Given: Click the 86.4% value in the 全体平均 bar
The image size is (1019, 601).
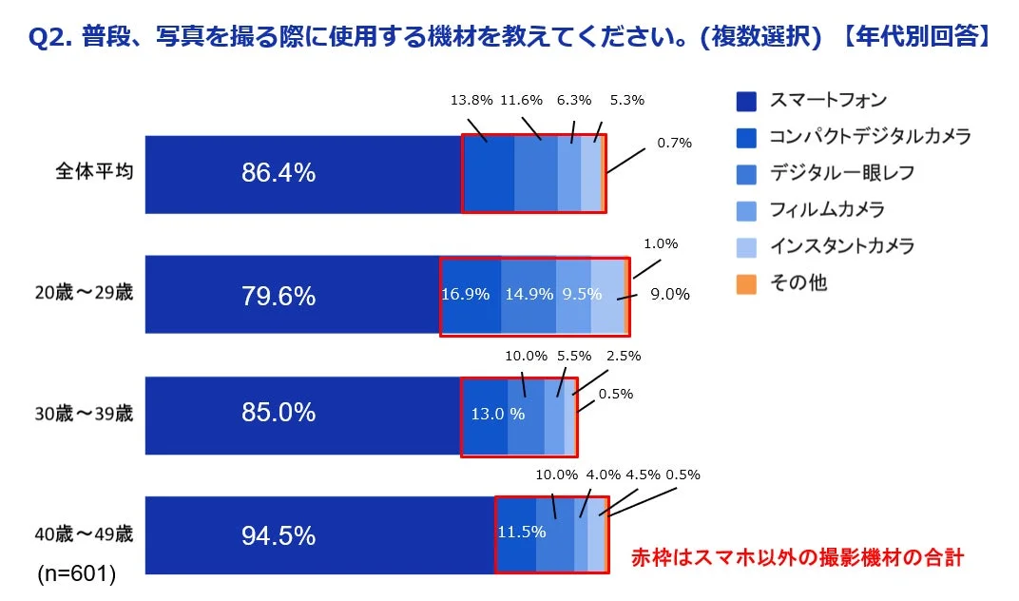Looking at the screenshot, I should click(279, 173).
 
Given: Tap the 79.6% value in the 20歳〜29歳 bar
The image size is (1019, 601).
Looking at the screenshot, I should click(279, 296).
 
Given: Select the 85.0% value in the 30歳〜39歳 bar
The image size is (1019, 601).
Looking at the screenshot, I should click(279, 414).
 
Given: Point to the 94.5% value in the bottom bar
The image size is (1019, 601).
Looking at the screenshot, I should click(279, 535).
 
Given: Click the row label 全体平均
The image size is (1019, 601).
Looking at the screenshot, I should click(93, 174).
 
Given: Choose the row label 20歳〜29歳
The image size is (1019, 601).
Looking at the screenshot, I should click(84, 293).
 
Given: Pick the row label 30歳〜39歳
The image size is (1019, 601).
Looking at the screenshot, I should click(84, 414).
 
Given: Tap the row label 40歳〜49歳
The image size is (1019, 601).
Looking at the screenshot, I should click(84, 533).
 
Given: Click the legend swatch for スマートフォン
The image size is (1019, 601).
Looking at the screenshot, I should click(746, 101).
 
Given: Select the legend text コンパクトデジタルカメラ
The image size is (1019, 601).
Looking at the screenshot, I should click(870, 137).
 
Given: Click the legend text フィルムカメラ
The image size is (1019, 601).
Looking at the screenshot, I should click(826, 209).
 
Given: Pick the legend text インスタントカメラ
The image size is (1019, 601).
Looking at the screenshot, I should click(841, 246).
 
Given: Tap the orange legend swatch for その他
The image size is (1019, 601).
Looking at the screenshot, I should click(746, 283).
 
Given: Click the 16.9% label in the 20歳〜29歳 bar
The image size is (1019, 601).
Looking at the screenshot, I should click(466, 294).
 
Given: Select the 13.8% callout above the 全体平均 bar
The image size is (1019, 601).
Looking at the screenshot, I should click(471, 99).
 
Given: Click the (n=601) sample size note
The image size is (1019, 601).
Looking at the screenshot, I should click(77, 573).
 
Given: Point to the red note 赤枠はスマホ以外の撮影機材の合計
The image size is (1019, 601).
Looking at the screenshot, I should click(798, 558).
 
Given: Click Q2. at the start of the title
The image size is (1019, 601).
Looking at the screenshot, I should click(53, 38).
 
